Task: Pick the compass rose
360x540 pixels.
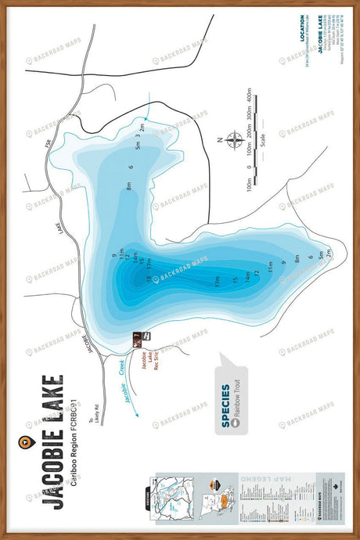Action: pos(233,141)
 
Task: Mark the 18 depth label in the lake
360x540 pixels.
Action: pos(148,278)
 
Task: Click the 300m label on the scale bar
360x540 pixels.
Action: pos(250,118)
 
